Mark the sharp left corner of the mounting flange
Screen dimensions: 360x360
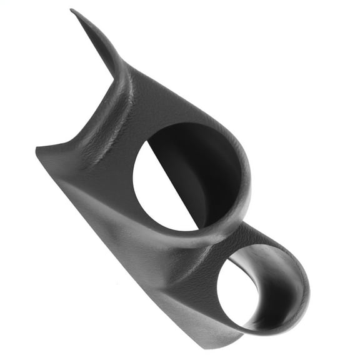tap(37, 149)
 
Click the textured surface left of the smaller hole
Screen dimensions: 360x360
tap(194, 275)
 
